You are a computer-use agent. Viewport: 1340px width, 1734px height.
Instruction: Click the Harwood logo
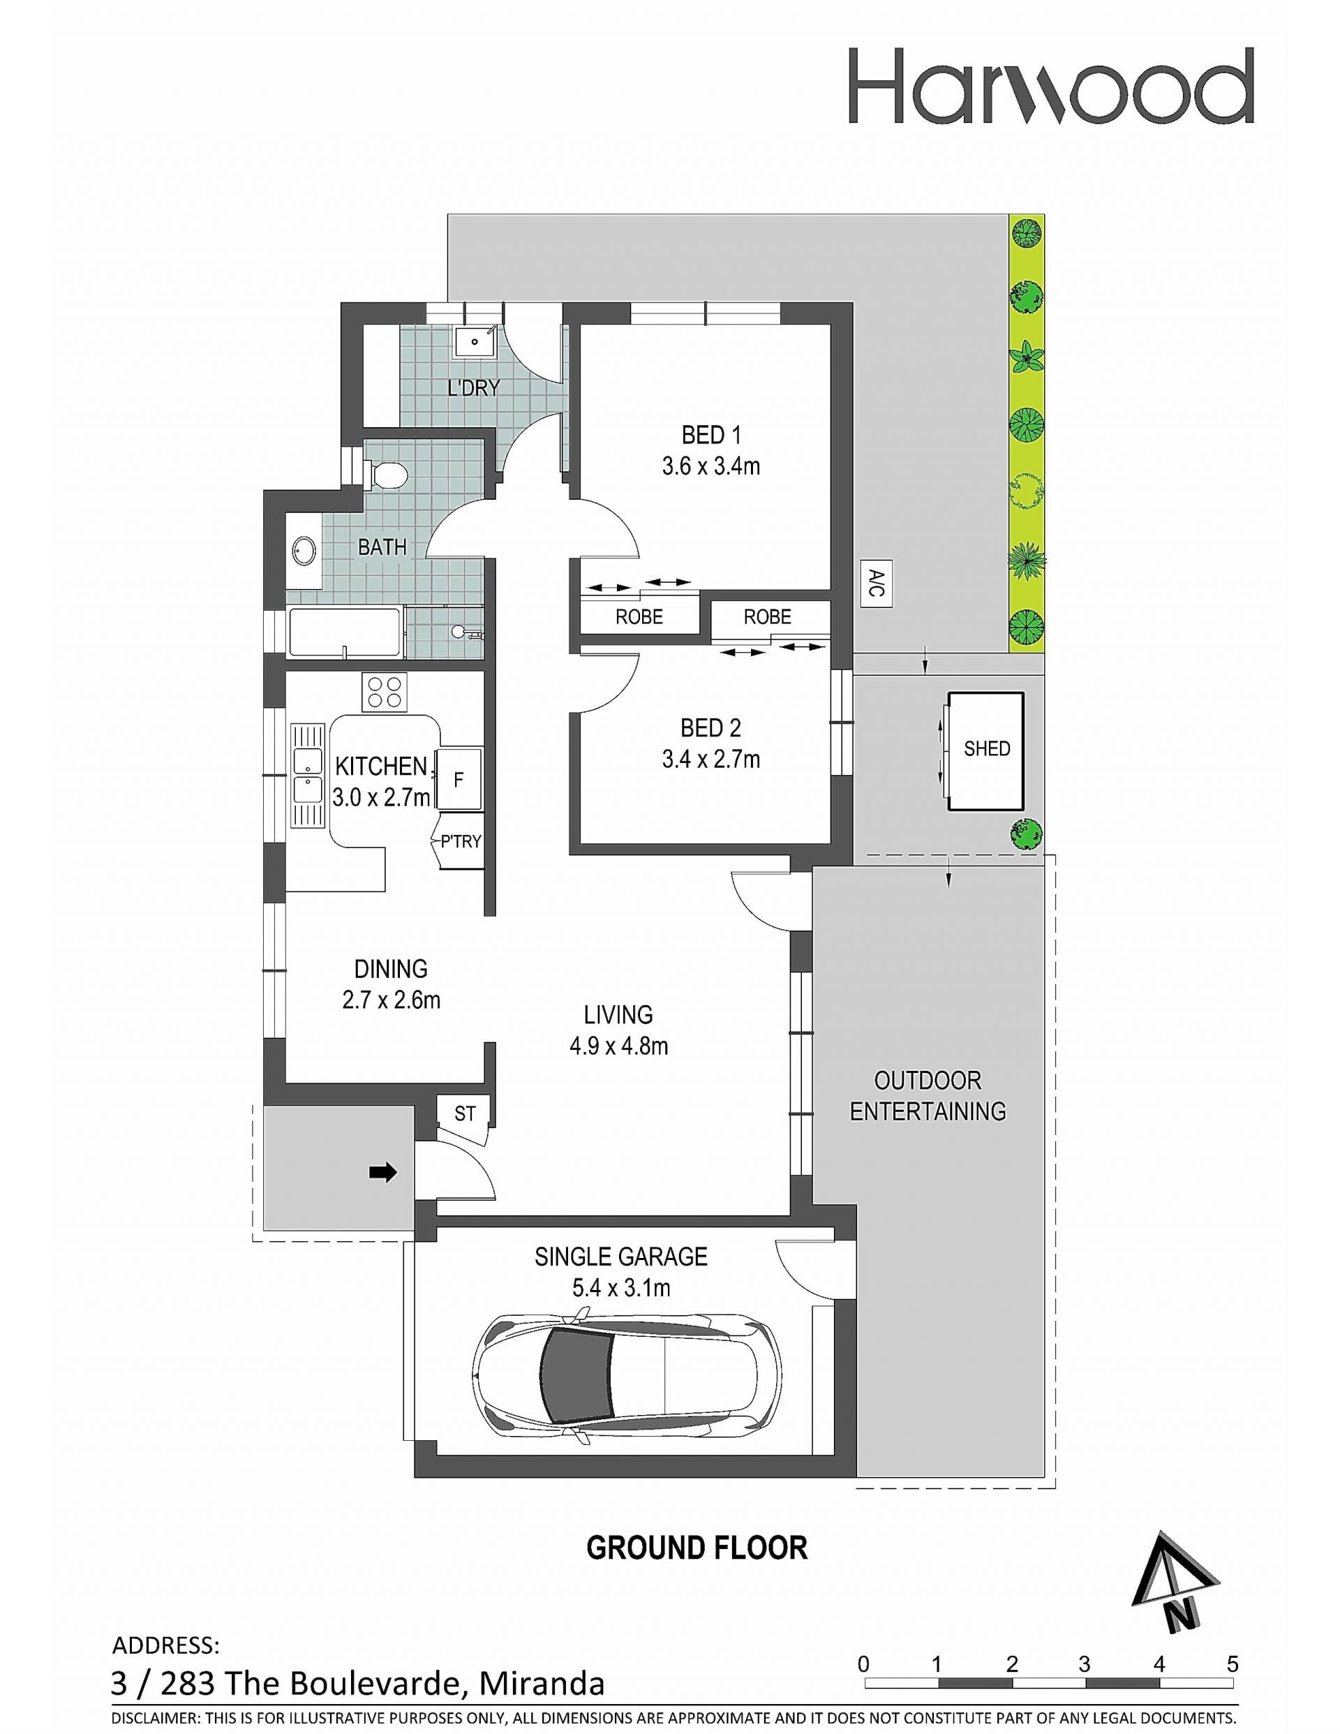click(1051, 85)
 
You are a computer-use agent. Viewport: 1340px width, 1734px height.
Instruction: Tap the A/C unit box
click(877, 585)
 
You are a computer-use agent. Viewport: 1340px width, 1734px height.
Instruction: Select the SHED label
click(987, 749)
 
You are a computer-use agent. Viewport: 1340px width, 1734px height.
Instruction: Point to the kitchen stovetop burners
click(385, 692)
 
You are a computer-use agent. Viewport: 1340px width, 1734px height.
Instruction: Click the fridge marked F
click(459, 779)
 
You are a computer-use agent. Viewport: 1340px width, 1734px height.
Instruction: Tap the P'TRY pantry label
click(461, 840)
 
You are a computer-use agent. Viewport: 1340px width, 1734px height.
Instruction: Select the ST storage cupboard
click(464, 1114)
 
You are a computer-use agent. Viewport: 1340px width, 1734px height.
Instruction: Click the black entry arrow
click(383, 1172)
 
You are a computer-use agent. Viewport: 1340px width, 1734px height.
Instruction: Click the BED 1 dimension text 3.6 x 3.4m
click(711, 466)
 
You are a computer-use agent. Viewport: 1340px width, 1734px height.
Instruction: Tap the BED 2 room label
click(710, 728)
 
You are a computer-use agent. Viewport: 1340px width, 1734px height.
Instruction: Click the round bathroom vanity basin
click(304, 551)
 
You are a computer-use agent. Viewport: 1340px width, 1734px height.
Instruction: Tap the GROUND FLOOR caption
click(697, 1548)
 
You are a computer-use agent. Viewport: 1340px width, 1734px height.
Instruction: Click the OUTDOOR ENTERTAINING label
click(928, 1096)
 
